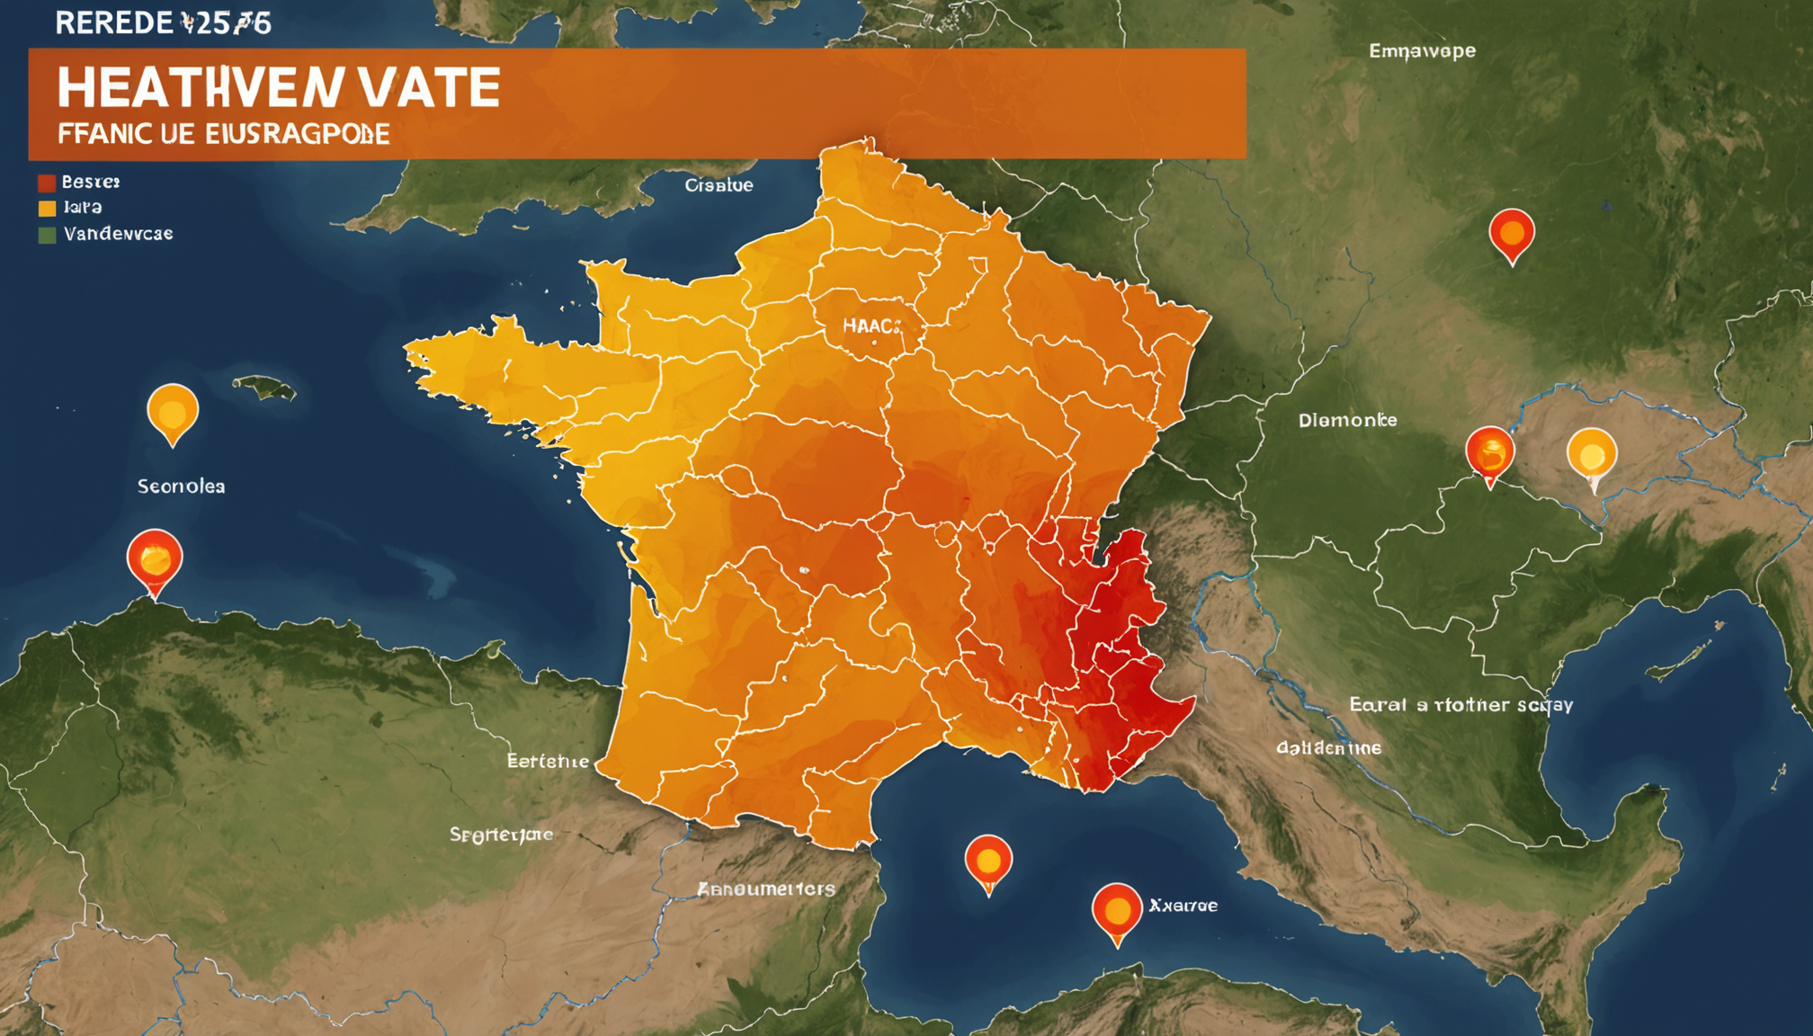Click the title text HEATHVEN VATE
pyautogui.click(x=278, y=88)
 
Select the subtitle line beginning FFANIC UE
pyautogui.click(x=223, y=135)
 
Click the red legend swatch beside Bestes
pyautogui.click(x=47, y=183)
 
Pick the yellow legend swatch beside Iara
pyautogui.click(x=47, y=209)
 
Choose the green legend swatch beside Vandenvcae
pyautogui.click(x=47, y=235)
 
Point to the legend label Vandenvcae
pyautogui.click(x=118, y=234)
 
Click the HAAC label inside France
pyautogui.click(x=871, y=326)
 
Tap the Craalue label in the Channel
pyautogui.click(x=719, y=185)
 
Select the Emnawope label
pyautogui.click(x=1422, y=51)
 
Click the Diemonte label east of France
pyautogui.click(x=1347, y=420)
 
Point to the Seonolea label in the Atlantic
pyautogui.click(x=181, y=487)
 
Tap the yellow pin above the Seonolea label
pyautogui.click(x=173, y=412)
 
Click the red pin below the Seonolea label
pyautogui.click(x=155, y=560)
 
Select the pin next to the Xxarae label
pyautogui.click(x=1117, y=911)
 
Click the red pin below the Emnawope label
pyautogui.click(x=1512, y=234)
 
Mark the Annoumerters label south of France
pyautogui.click(x=766, y=889)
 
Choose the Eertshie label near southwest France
pyautogui.click(x=548, y=762)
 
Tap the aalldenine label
pyautogui.click(x=1328, y=747)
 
